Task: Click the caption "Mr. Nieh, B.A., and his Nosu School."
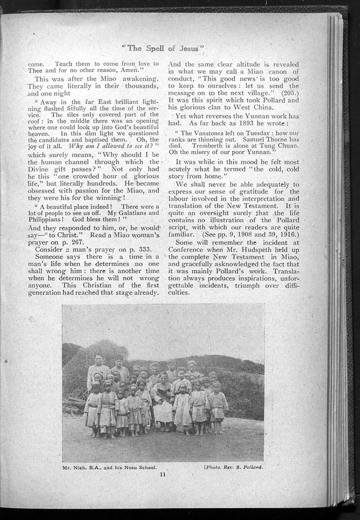pos(110,467)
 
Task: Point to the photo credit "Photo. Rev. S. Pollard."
pos(235,467)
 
